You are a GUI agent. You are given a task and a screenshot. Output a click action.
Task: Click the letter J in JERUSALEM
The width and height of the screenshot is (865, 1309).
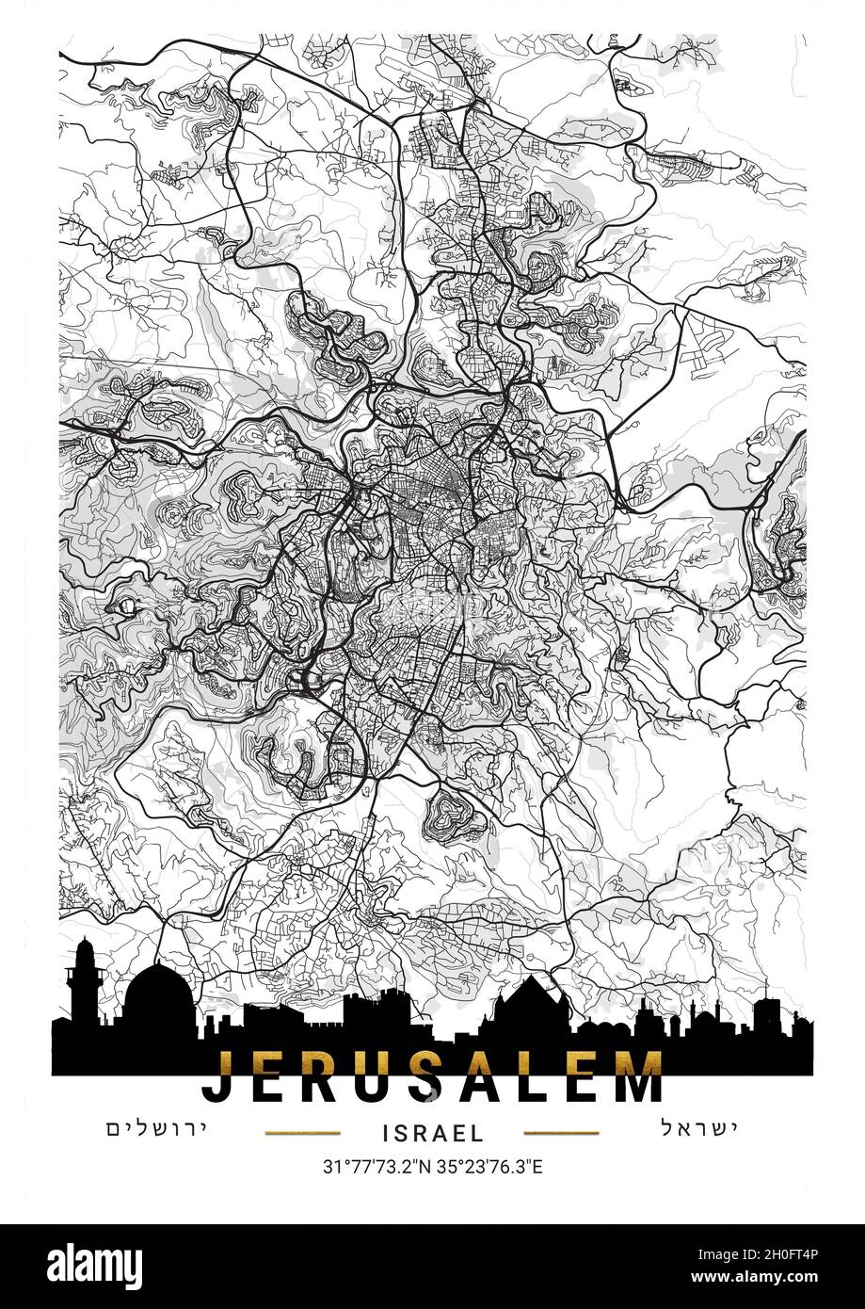[x=220, y=1076]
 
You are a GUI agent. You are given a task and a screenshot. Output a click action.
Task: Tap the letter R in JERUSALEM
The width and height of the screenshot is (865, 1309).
[x=329, y=1076]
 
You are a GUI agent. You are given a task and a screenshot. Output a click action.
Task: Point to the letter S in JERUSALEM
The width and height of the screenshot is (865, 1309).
[x=437, y=1076]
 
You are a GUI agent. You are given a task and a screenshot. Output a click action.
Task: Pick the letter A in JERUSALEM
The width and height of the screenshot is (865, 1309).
[x=490, y=1076]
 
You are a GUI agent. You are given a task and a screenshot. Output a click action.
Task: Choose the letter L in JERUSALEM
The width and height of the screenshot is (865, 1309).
[x=543, y=1076]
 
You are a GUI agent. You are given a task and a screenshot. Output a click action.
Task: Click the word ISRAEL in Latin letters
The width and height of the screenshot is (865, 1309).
[x=433, y=1133]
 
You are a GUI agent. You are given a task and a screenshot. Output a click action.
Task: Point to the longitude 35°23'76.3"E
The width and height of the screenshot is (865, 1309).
[x=489, y=1168]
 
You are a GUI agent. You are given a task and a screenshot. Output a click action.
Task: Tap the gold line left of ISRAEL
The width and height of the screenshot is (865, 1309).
[x=302, y=1133]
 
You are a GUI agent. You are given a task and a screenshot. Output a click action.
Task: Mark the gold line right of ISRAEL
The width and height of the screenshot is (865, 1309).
[x=561, y=1133]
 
